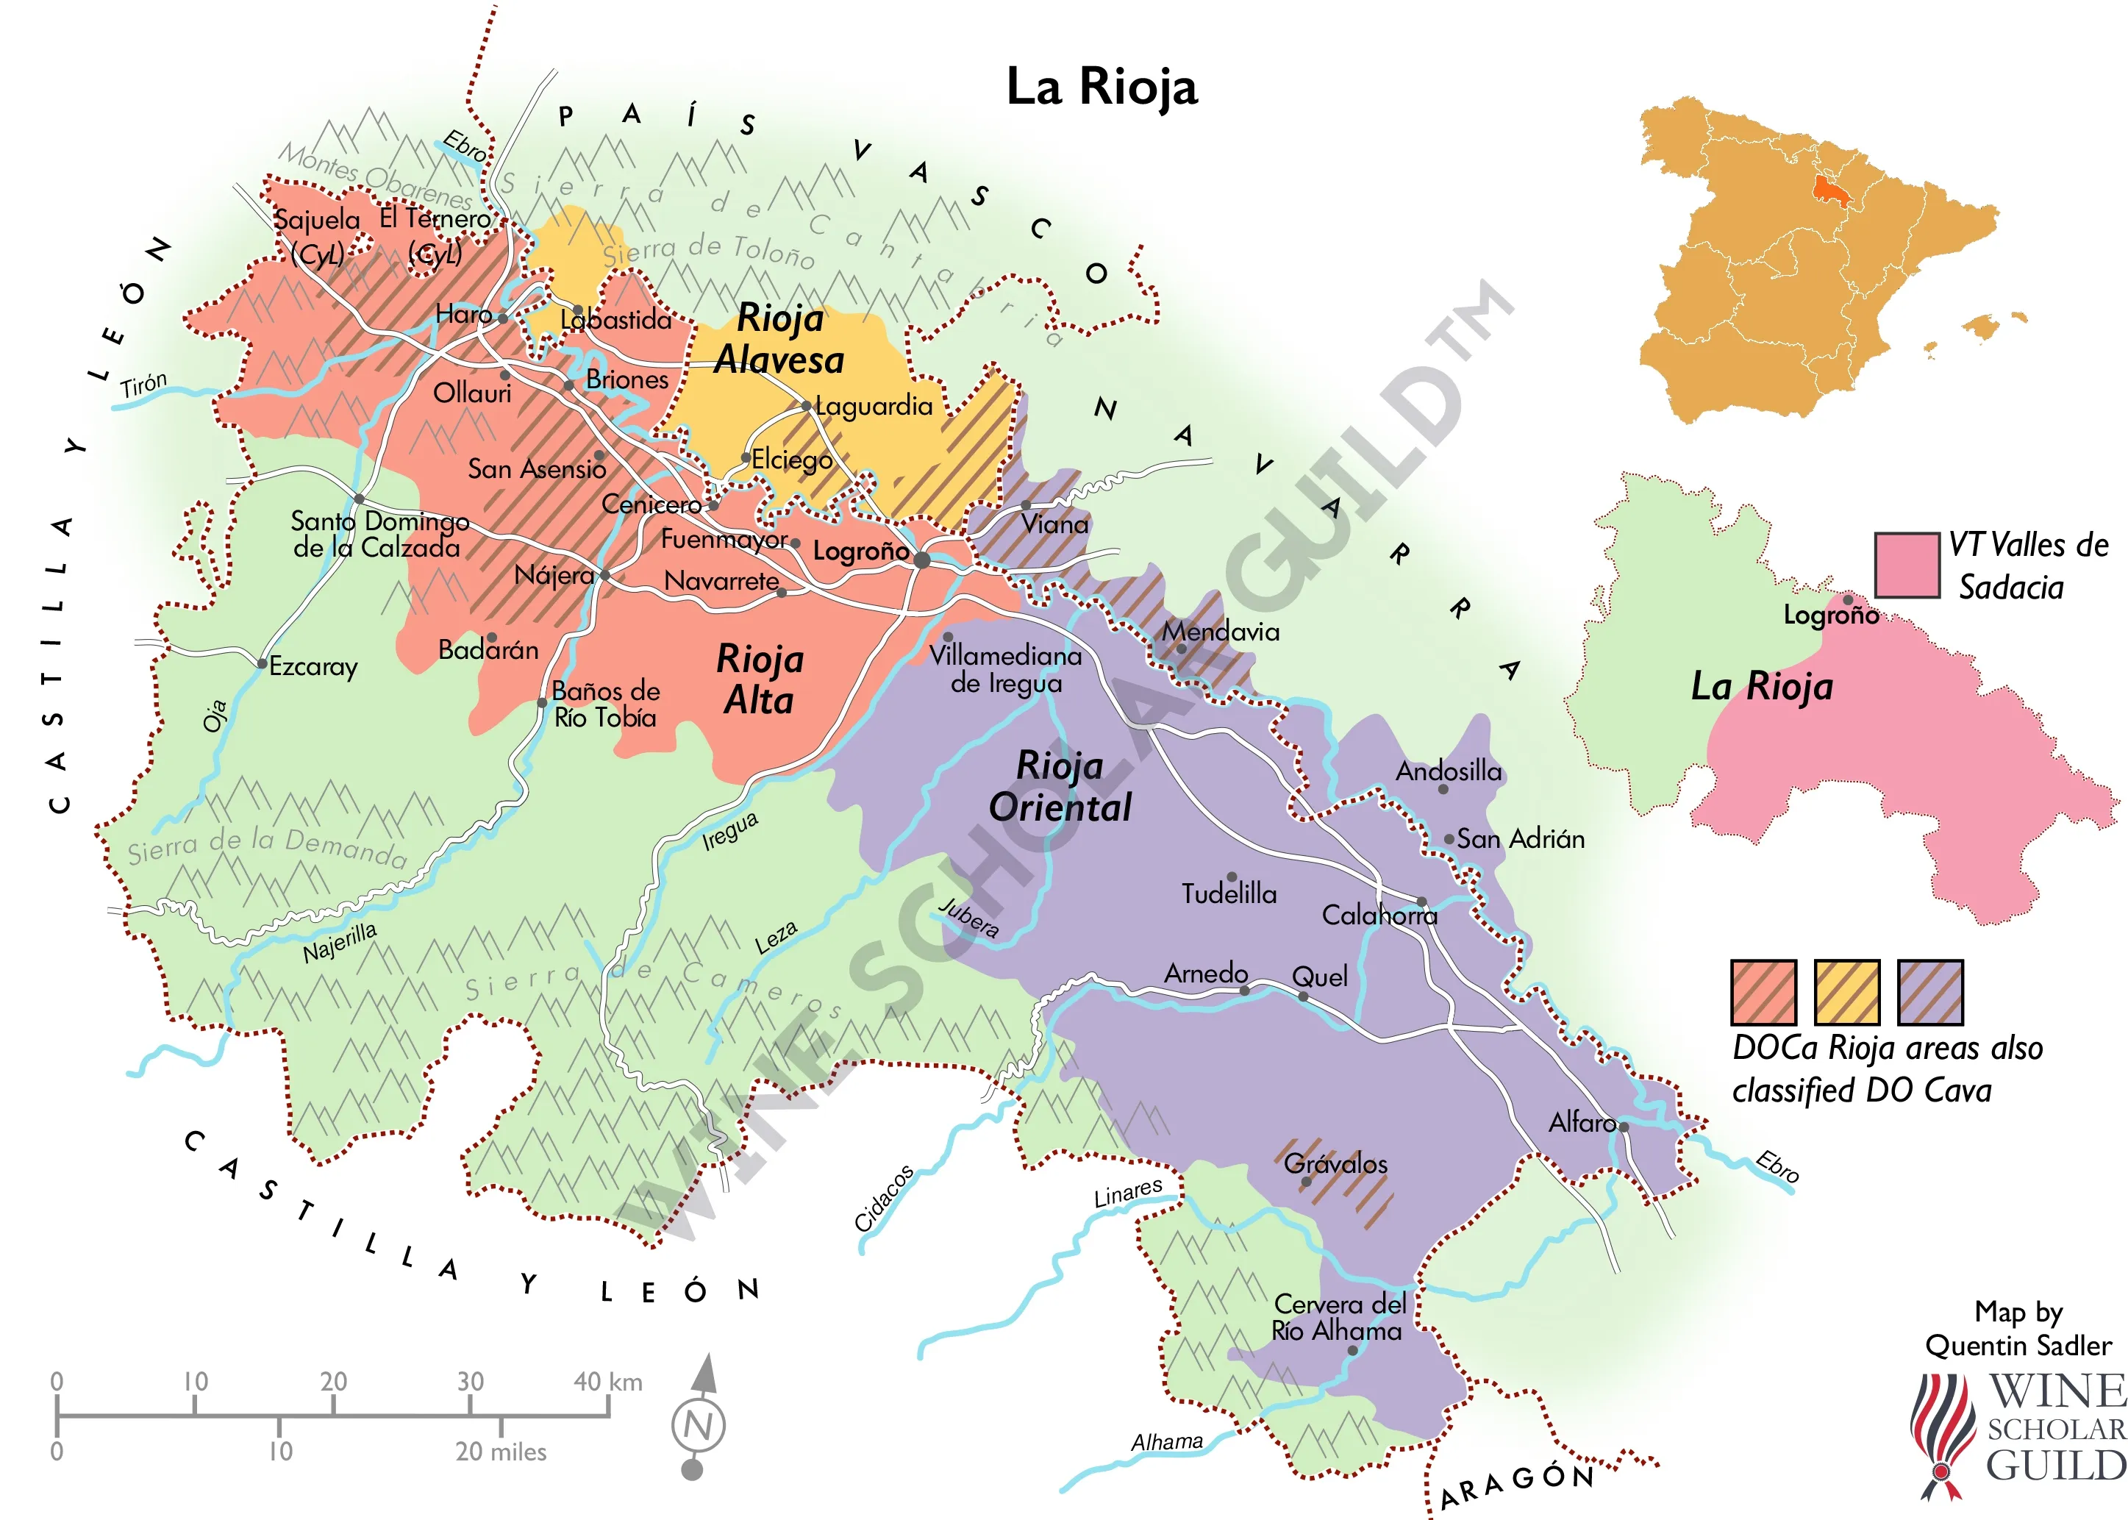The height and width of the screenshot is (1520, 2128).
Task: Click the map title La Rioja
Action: pyautogui.click(x=1102, y=87)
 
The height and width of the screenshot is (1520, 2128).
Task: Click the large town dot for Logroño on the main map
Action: pyautogui.click(x=922, y=560)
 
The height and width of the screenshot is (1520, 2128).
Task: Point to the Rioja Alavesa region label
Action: pyautogui.click(x=779, y=339)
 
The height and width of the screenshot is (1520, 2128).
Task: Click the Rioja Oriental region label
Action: pyautogui.click(x=1060, y=786)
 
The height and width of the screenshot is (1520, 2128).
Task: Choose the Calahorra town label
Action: pyautogui.click(x=1379, y=915)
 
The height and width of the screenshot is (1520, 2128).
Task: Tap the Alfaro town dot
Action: pyautogui.click(x=1624, y=1127)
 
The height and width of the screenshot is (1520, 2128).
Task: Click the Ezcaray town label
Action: pyautogui.click(x=313, y=666)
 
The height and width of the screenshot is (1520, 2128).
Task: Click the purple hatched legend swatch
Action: pyautogui.click(x=1929, y=992)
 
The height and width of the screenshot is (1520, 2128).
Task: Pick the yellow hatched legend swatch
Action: pyautogui.click(x=1846, y=992)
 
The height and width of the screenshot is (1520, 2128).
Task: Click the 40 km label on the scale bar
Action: pyautogui.click(x=607, y=1382)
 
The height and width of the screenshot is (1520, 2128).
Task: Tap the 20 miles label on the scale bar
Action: pyautogui.click(x=501, y=1452)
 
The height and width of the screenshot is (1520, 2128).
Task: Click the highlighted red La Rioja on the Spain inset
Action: pyautogui.click(x=1826, y=189)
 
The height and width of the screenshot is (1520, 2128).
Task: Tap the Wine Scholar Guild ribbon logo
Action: pyautogui.click(x=1942, y=1435)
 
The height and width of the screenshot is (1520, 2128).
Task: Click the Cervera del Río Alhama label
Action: pyautogui.click(x=1338, y=1317)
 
